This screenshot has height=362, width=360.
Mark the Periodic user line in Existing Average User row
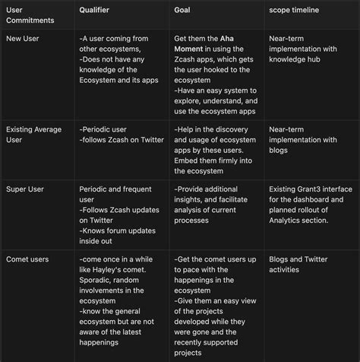pos(104,130)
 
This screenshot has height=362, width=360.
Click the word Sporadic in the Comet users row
pos(99,280)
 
